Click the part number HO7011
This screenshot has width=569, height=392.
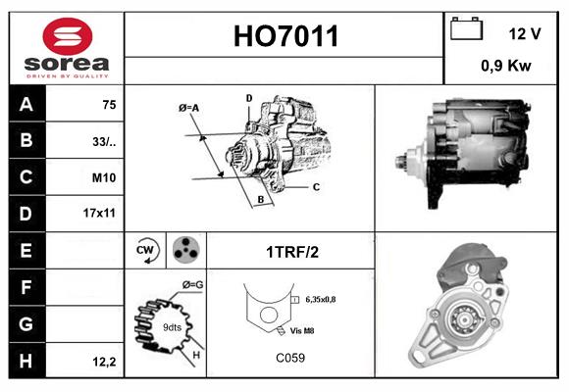pyautogui.click(x=285, y=37)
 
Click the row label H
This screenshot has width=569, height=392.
pyautogui.click(x=26, y=362)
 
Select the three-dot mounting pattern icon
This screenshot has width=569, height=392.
pyautogui.click(x=184, y=251)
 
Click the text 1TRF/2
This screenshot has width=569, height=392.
pyautogui.click(x=291, y=252)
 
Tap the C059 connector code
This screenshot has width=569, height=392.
pyautogui.click(x=291, y=358)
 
